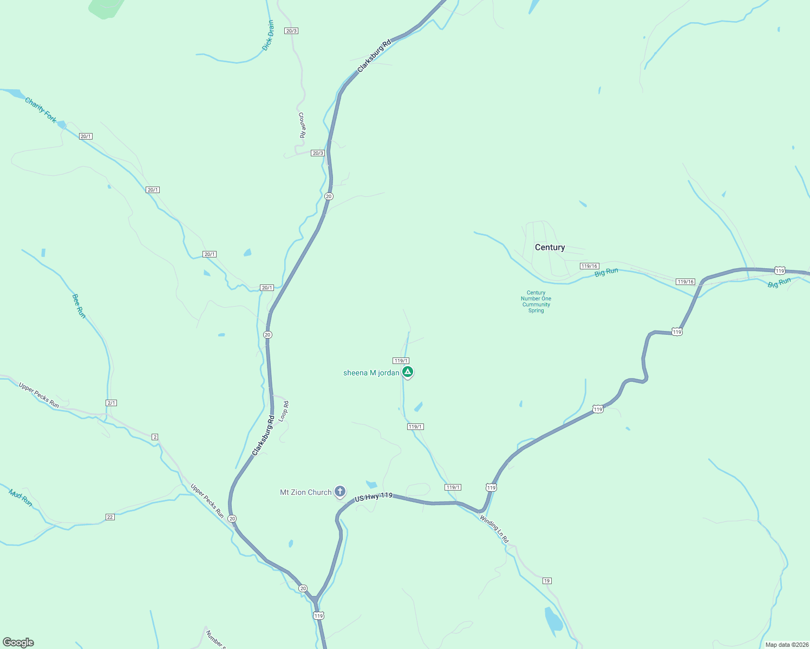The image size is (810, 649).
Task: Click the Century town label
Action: [x=550, y=247]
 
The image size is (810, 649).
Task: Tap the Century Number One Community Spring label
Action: [x=536, y=302]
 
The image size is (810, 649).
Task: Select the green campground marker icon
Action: [x=408, y=372]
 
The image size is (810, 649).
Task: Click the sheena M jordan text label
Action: [x=371, y=373]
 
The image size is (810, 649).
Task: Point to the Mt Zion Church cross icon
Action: [x=340, y=492]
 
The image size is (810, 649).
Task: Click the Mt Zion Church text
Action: [x=305, y=492]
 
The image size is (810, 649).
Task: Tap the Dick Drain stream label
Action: [x=268, y=36]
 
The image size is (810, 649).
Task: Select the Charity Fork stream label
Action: [x=41, y=110]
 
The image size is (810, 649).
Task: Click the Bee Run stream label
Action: [x=79, y=306]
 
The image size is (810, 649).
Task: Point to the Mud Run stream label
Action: [x=21, y=498]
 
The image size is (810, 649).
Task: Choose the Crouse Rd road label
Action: [x=302, y=125]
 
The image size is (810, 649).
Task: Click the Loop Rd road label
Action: [x=284, y=411]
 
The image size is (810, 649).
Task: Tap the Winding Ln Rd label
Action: [x=494, y=529]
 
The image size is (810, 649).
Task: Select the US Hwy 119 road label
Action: [x=373, y=496]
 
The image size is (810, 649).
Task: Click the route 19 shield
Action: [x=547, y=581]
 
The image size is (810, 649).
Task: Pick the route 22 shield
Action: [x=110, y=517]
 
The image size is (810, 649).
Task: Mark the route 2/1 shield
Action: [x=111, y=403]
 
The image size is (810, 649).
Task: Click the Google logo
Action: [x=18, y=643]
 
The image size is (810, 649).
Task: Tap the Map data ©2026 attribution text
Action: [x=786, y=645]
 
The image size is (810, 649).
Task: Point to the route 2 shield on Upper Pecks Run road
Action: [x=155, y=436]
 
